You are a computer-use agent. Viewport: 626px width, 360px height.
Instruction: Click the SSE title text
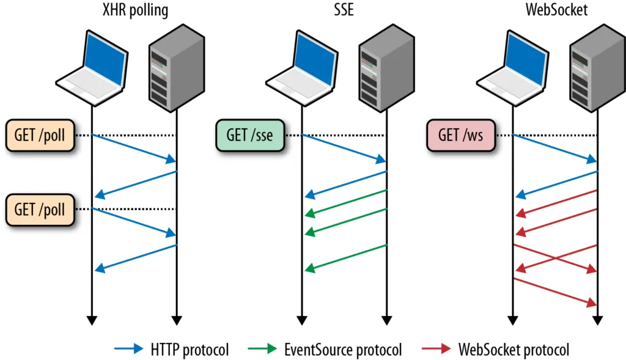(344, 10)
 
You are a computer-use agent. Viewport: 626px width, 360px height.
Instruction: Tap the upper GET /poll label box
(40, 135)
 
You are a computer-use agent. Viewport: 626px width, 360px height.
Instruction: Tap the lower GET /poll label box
(40, 209)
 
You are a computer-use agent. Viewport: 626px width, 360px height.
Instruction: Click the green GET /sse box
(250, 135)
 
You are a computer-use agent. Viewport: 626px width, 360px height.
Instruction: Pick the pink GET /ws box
(460, 135)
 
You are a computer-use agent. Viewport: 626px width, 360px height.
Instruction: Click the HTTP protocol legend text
(190, 350)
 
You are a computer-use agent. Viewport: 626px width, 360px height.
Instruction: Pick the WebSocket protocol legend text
(514, 350)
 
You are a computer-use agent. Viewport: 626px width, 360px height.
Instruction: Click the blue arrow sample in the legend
(130, 350)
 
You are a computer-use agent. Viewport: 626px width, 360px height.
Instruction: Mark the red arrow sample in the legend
(436, 350)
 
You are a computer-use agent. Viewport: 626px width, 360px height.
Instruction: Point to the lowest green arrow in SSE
(346, 257)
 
